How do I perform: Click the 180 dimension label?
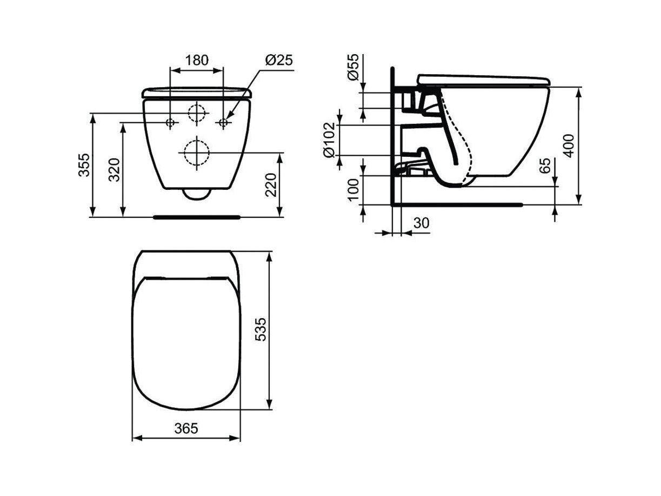(x=197, y=60)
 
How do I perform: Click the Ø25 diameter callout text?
(x=278, y=60)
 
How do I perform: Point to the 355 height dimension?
(x=84, y=165)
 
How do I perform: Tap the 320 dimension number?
(x=114, y=169)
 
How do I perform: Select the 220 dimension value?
(x=271, y=185)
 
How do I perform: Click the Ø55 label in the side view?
(x=353, y=67)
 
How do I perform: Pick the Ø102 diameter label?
(x=329, y=140)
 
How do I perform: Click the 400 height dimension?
(x=569, y=146)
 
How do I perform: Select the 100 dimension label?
(x=353, y=189)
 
